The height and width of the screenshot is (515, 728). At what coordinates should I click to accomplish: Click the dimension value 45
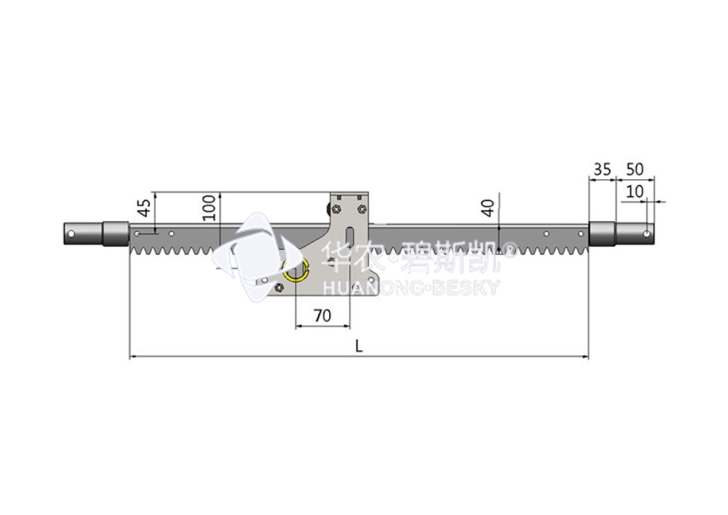145,208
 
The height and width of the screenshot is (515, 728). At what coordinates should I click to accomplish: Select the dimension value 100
209,208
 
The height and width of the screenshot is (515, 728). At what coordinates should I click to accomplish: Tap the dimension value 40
488,209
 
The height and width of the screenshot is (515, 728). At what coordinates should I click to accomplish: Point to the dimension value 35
602,170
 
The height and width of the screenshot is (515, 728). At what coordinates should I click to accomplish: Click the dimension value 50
634,169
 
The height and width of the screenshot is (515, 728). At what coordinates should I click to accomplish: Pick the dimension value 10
634,192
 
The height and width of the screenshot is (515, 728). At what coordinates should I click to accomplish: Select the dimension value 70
322,315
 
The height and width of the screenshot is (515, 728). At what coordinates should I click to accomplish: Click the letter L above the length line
359,346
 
